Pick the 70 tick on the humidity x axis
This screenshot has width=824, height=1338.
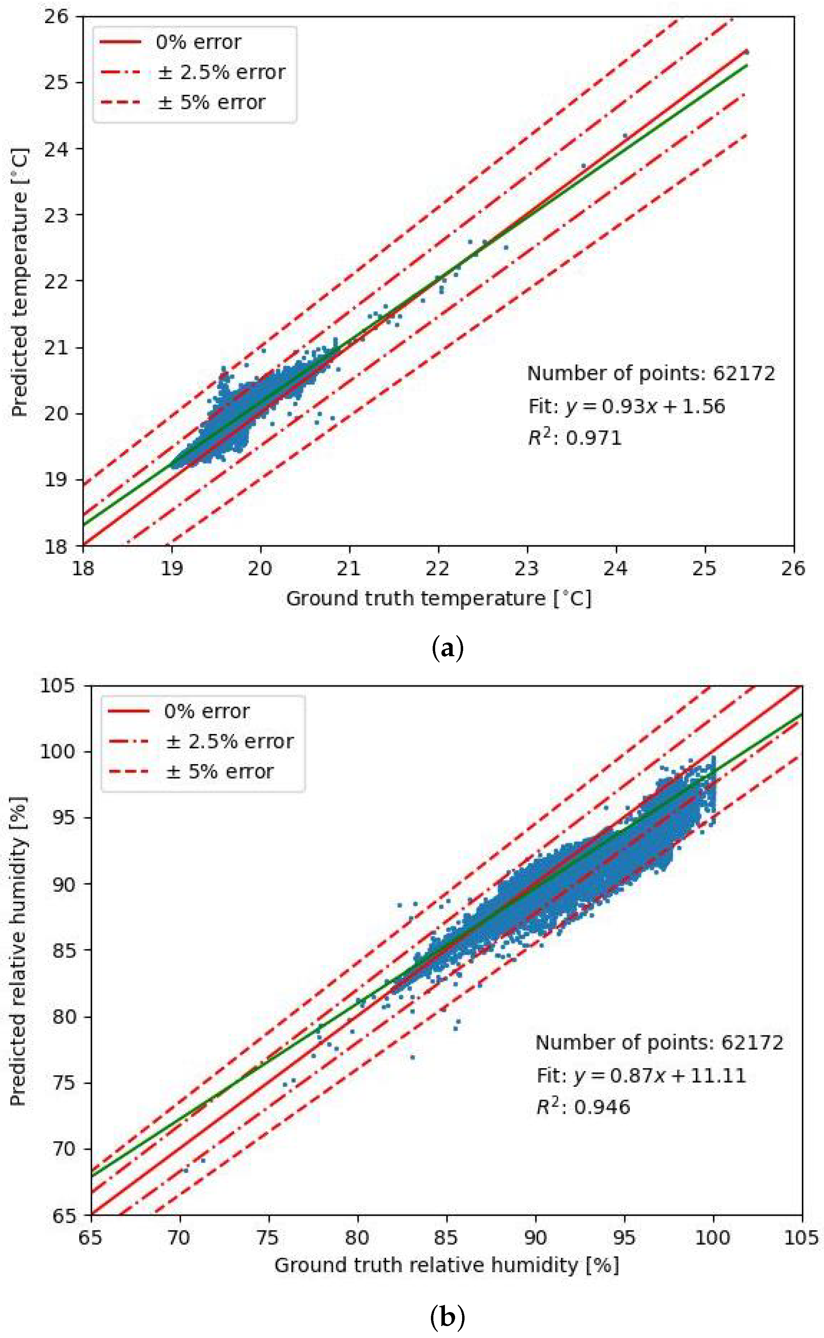179,1238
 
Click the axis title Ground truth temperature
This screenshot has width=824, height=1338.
439,598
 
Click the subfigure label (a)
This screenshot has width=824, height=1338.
447,649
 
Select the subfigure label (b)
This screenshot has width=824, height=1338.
447,1318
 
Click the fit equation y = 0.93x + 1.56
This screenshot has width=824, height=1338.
627,406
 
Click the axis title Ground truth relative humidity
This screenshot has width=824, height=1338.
446,1265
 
